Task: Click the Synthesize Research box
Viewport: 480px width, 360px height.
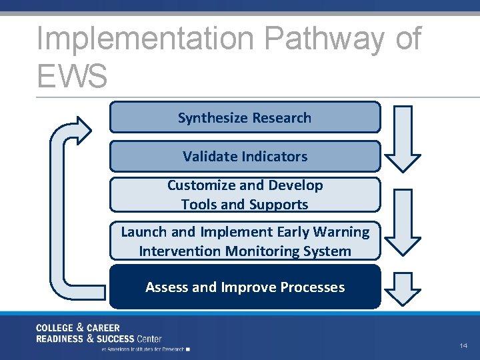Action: coord(245,117)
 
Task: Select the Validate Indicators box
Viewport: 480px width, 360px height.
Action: coord(245,156)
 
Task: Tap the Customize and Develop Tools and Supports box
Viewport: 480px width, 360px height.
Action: coord(245,195)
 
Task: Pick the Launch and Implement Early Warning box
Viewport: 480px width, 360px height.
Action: coord(245,241)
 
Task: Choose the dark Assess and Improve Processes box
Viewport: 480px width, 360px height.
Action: coord(245,287)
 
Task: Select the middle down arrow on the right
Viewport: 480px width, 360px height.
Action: coord(404,221)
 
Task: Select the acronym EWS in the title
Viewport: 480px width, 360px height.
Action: coord(72,75)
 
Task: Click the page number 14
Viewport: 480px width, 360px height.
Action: coord(463,346)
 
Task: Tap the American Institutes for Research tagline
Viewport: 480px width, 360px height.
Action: coord(143,348)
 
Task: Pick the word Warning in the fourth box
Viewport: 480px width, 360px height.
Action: coord(342,231)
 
